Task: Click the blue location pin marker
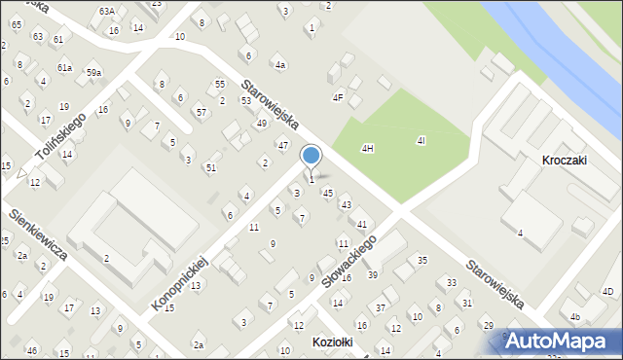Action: pyautogui.click(x=311, y=157)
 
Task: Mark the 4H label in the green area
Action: pyautogui.click(x=367, y=148)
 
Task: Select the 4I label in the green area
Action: pyautogui.click(x=421, y=141)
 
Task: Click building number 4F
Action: pyautogui.click(x=338, y=97)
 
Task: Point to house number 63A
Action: pyautogui.click(x=106, y=11)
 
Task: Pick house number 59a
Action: pyautogui.click(x=93, y=73)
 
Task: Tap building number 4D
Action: pyautogui.click(x=607, y=291)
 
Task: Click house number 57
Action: pyautogui.click(x=201, y=113)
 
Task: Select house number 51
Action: pyautogui.click(x=210, y=167)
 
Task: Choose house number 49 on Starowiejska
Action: pyautogui.click(x=261, y=124)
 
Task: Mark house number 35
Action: pyautogui.click(x=422, y=260)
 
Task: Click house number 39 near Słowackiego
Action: pyautogui.click(x=372, y=275)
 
